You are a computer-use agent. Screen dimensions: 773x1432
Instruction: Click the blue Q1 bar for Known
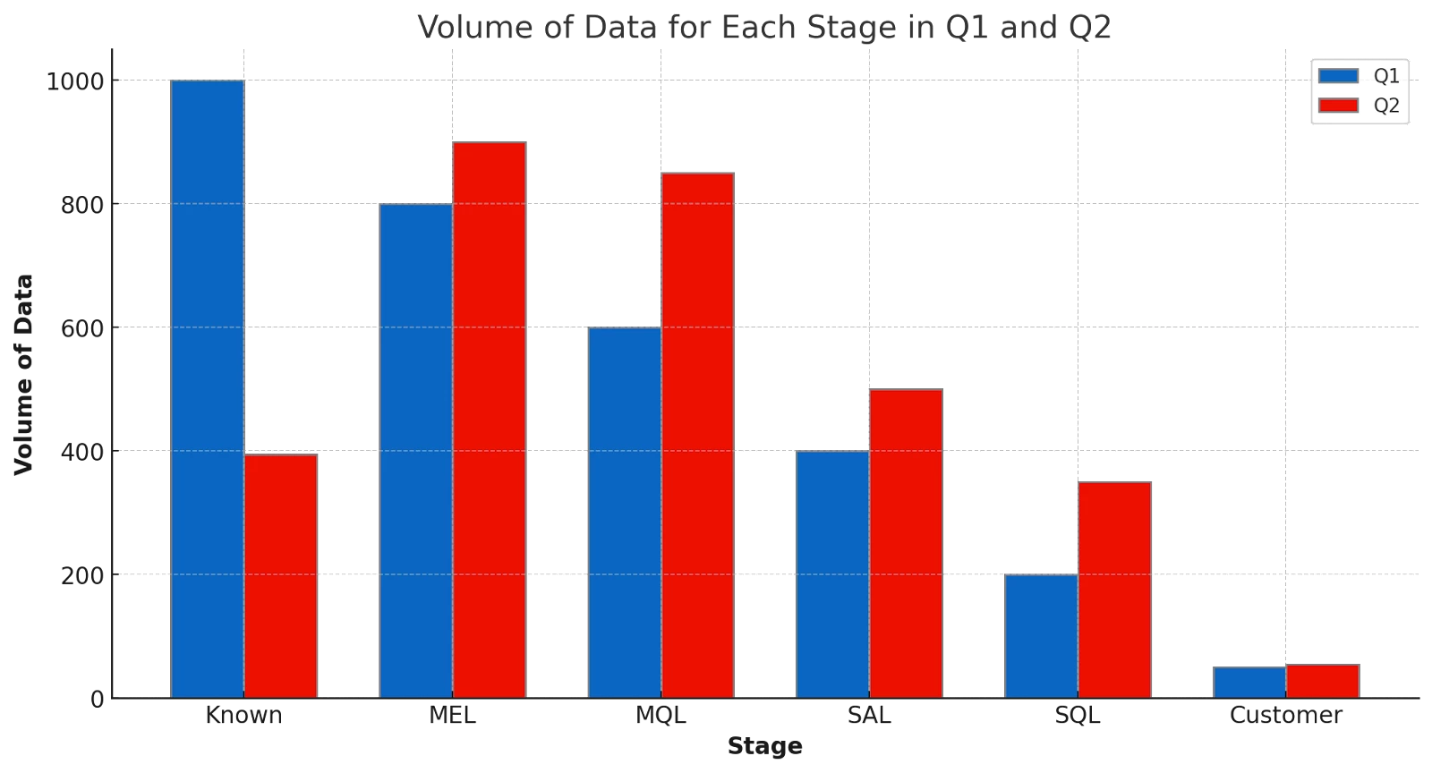[207, 388]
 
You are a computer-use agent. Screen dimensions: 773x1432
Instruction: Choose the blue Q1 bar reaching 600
[624, 512]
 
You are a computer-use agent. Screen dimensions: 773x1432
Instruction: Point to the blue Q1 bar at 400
[831, 573]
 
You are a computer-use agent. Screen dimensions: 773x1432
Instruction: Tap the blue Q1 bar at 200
[1040, 635]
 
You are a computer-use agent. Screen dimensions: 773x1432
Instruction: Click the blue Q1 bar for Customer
[1249, 682]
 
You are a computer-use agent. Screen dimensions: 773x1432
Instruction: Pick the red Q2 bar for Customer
[1322, 680]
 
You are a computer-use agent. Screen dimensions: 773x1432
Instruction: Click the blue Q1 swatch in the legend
[1339, 76]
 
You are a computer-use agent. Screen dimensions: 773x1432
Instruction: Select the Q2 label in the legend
[1386, 106]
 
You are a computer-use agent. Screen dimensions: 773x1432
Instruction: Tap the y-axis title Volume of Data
[24, 376]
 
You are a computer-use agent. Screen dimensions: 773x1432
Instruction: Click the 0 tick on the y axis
[98, 699]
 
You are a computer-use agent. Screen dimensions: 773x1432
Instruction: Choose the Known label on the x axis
[244, 717]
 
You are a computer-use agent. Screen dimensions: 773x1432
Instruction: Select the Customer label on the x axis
[1285, 717]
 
